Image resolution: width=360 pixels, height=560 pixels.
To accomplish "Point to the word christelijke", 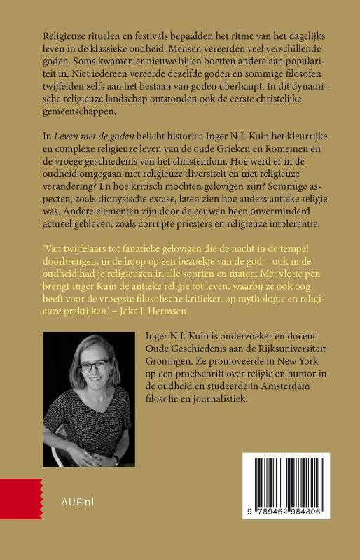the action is click(290, 101).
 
